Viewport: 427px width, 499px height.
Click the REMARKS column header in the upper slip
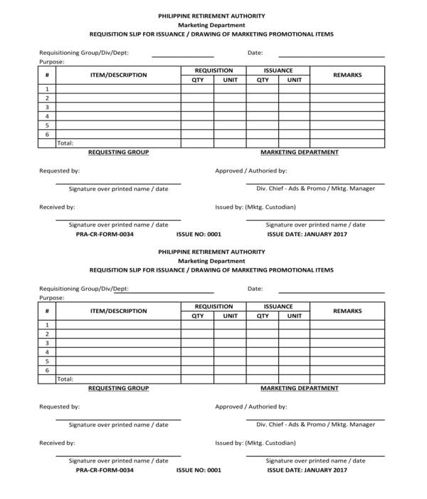tap(347, 75)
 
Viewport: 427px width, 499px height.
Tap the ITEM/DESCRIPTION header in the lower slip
tap(118, 311)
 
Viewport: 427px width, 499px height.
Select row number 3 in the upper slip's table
tap(47, 107)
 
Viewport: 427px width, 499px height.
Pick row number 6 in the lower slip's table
tap(47, 370)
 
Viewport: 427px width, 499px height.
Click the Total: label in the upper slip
tap(65, 143)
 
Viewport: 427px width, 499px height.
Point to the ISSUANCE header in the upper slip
tap(278, 71)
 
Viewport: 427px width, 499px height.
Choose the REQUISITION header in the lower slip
tap(213, 307)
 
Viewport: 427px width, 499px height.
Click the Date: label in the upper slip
tap(255, 53)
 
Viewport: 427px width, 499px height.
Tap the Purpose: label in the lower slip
tap(51, 297)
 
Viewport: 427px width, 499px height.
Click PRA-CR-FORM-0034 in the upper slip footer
tap(105, 234)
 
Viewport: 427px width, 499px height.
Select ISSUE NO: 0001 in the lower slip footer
tap(199, 470)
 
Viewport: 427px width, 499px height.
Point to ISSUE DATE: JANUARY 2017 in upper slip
tap(307, 234)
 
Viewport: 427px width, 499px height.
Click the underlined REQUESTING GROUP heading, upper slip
tap(118, 152)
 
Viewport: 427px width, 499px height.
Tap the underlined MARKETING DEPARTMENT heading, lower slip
tap(299, 388)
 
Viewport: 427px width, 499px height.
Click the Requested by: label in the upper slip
tap(59, 171)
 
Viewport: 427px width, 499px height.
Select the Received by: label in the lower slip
tap(57, 443)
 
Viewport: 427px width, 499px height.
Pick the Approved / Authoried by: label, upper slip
tap(251, 171)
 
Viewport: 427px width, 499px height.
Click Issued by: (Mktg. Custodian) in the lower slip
tap(255, 443)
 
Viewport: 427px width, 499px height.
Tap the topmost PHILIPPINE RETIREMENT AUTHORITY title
tap(211, 16)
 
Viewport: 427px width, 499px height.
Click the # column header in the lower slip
tap(47, 311)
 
